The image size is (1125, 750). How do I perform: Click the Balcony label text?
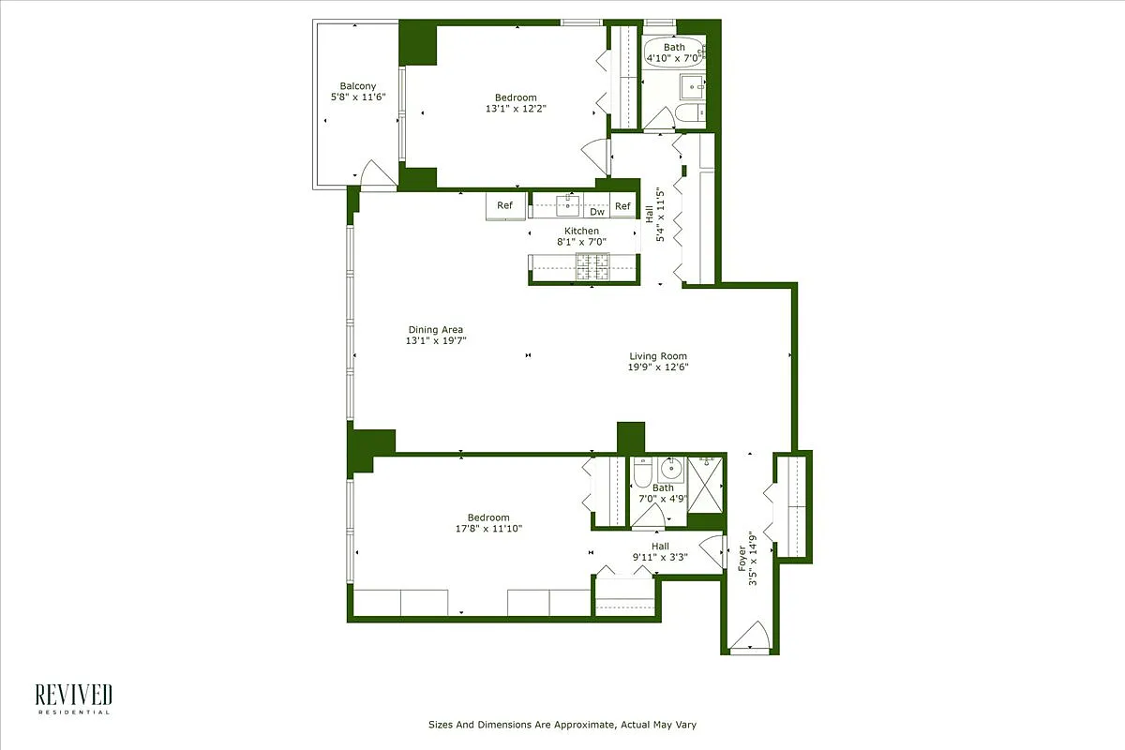[x=358, y=86]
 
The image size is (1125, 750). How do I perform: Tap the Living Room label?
[x=658, y=356]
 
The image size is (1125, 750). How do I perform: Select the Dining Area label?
[x=435, y=330]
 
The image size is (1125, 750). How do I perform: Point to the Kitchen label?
[x=581, y=232]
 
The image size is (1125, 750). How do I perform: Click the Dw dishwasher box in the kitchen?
[x=597, y=212]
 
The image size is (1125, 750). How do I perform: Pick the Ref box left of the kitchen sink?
[x=504, y=206]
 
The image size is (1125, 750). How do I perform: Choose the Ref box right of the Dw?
[x=623, y=206]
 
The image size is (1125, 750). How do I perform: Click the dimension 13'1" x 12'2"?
[x=516, y=109]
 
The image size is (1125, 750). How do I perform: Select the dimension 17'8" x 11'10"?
[x=488, y=529]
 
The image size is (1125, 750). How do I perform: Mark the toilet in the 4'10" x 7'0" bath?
[x=685, y=115]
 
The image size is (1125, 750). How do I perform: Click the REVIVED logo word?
[x=74, y=695]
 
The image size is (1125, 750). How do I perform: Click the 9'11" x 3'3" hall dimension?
[x=660, y=558]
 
